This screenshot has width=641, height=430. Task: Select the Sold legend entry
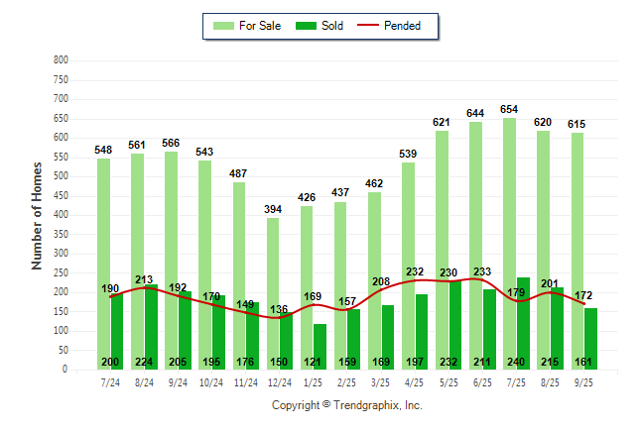[x=320, y=26]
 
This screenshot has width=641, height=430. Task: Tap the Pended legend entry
[x=392, y=26]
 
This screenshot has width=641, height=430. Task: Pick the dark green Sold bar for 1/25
[x=320, y=342]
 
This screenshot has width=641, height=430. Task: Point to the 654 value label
[x=509, y=109]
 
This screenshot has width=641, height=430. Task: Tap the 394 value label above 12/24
[x=272, y=209]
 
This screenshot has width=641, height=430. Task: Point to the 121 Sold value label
[x=313, y=362]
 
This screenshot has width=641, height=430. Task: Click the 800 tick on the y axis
[x=61, y=60]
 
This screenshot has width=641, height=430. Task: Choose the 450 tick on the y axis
[x=61, y=196]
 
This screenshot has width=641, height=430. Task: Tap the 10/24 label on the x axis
[x=211, y=382]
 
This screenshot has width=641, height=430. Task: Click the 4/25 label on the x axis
[x=415, y=382]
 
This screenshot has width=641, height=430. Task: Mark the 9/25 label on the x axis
[x=583, y=382]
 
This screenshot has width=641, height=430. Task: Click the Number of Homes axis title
[x=37, y=215]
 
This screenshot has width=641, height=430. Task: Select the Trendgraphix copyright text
[x=347, y=405]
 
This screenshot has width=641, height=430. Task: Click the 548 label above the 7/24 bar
[x=103, y=150]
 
